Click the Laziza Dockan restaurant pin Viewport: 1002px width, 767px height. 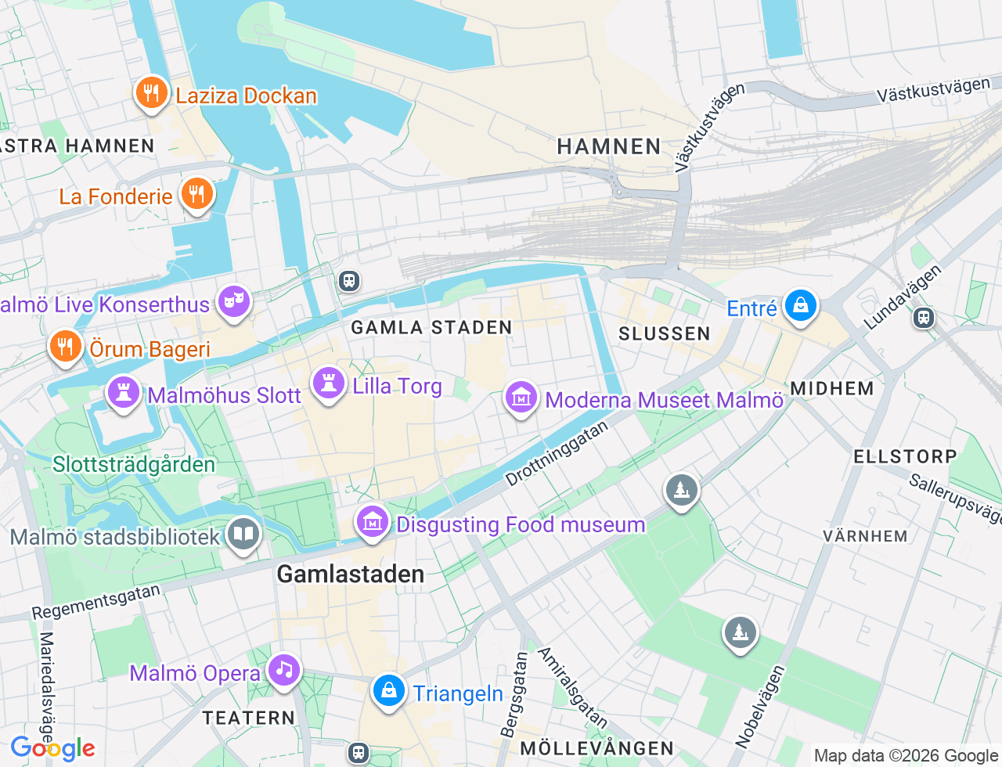151,94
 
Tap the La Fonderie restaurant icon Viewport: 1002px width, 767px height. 196,193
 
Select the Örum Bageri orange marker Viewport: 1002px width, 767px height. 66,346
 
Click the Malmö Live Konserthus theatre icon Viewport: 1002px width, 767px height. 233,301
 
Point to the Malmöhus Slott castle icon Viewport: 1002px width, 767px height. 123,393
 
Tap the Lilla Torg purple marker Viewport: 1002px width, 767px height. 329,383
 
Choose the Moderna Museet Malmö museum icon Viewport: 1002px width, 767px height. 521,398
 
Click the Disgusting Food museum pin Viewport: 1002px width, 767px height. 373,521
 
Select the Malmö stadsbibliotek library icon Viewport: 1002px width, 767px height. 243,535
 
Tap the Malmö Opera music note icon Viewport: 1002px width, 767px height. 283,671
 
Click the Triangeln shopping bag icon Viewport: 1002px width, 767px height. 388,691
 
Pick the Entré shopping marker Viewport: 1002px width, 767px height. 801,306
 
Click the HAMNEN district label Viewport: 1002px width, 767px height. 609,146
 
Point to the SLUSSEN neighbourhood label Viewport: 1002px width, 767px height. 664,334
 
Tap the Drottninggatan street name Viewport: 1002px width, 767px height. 557,454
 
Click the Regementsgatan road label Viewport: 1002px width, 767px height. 96,602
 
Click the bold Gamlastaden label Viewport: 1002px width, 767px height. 350,574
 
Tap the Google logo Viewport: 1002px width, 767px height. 53,748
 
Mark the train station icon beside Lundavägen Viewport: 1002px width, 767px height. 924,317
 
